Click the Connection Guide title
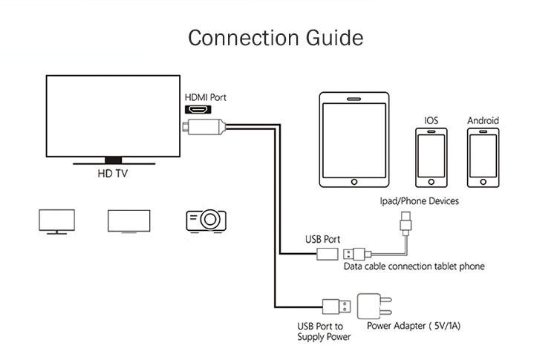276,37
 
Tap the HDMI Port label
206,97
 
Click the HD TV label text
113,175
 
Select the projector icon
206,220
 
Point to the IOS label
431,120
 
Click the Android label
483,120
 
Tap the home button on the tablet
354,179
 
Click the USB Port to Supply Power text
319,332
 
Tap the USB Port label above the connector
323,240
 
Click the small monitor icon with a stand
56,221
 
